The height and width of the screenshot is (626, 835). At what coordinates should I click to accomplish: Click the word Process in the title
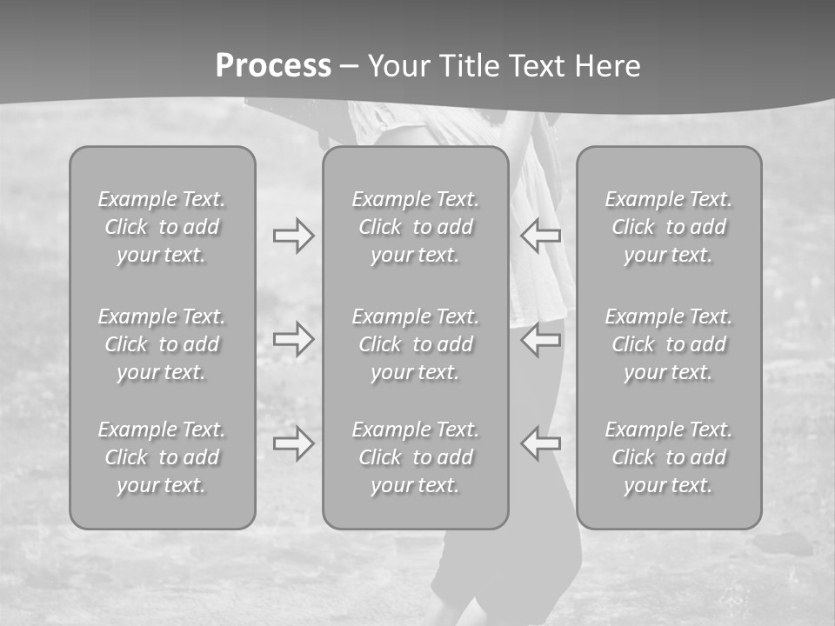(273, 66)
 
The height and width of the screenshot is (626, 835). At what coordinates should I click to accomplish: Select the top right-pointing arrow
(294, 236)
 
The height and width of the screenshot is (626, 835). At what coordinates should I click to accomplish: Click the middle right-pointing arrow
(294, 338)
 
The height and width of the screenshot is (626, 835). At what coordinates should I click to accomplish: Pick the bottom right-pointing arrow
(294, 443)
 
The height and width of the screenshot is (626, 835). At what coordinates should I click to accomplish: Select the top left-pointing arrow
(541, 236)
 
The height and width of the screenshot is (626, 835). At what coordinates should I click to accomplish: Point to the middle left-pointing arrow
(541, 338)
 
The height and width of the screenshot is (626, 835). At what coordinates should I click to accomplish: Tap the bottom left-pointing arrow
(541, 443)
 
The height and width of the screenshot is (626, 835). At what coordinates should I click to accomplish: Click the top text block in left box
(162, 227)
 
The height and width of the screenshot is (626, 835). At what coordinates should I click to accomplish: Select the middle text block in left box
(162, 344)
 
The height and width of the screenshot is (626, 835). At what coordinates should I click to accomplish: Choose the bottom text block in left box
(162, 457)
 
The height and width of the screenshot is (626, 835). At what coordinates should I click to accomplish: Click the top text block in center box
(416, 227)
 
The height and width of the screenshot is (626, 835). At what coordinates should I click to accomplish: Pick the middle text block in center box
(416, 344)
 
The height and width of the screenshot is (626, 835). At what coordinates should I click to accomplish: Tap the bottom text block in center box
(416, 457)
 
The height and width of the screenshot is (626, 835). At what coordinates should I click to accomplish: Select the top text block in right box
(669, 227)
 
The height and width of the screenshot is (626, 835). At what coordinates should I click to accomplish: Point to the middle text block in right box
(669, 344)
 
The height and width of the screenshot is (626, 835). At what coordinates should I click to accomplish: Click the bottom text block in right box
(669, 457)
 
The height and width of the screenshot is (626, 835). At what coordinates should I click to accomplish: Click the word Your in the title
(398, 66)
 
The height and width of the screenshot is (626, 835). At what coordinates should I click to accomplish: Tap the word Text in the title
(539, 66)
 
